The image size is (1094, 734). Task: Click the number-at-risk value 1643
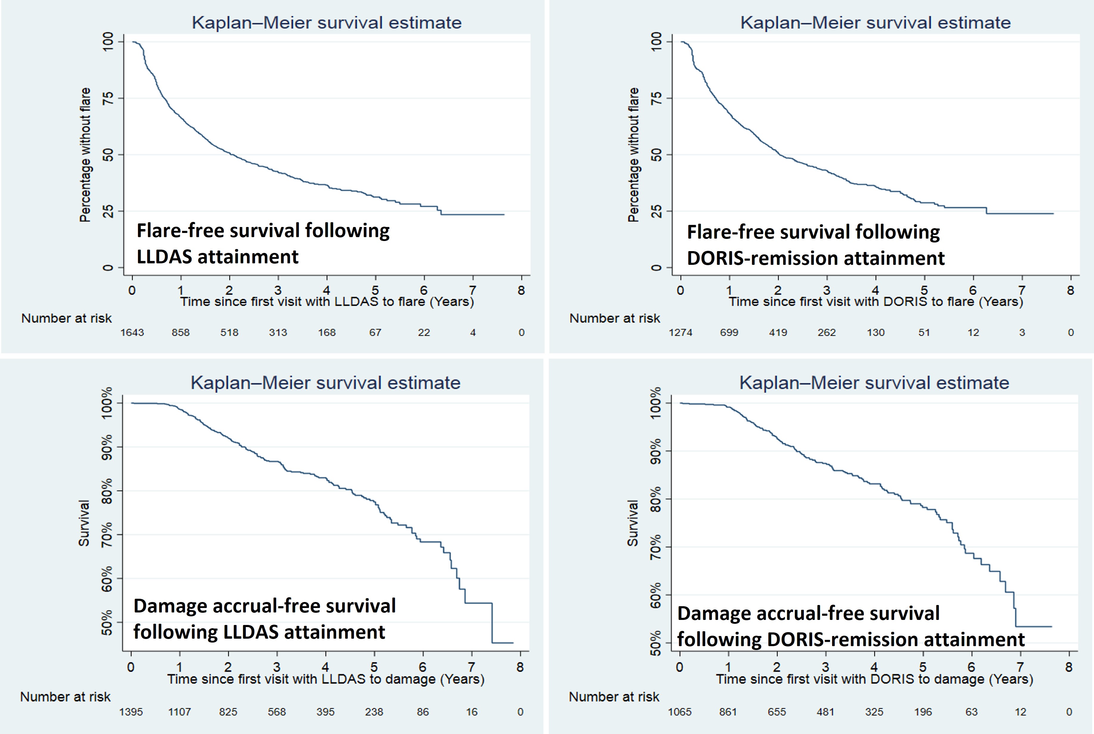[132, 332]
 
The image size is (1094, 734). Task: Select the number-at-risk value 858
[181, 332]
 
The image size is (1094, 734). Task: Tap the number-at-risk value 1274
[680, 332]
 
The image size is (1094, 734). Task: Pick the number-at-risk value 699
[729, 332]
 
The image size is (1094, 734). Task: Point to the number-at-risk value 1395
[131, 712]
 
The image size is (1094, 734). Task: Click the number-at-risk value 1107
[180, 712]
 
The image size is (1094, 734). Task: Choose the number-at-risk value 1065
[679, 712]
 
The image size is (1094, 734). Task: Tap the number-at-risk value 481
[825, 712]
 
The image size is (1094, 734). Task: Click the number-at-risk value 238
[374, 712]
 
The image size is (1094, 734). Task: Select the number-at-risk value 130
[875, 332]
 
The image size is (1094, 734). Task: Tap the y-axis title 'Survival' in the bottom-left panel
[84, 523]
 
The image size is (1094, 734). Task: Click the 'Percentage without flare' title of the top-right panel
[633, 155]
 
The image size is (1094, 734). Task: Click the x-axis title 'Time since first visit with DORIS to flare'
[875, 301]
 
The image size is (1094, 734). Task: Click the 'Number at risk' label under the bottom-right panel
[614, 697]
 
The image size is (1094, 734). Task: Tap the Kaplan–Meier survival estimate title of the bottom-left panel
[325, 383]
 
